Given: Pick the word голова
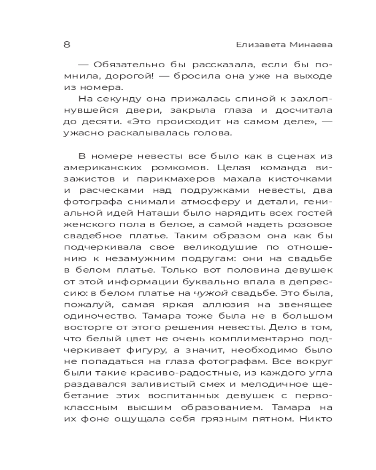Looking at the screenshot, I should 216,133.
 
